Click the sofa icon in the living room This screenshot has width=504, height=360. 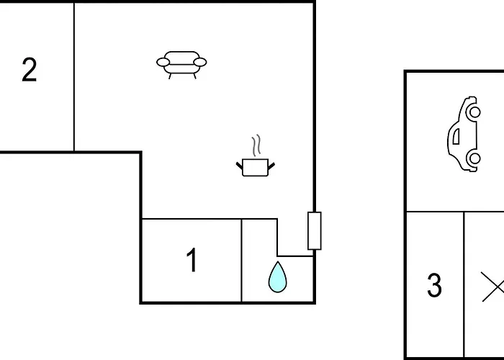point(181,65)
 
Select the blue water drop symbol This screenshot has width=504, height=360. point(277,277)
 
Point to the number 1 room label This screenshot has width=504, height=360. point(192,260)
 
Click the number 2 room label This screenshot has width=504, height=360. point(30,69)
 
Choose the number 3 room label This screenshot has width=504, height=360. point(434,285)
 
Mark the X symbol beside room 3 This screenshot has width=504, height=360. point(492,287)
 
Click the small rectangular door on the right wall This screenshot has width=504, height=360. point(315,231)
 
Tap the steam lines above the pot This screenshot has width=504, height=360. point(256,145)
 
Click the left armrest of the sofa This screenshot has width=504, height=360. point(163,63)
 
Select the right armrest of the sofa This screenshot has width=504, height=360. point(200,62)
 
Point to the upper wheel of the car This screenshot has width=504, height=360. point(474,112)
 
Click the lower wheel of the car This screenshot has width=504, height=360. point(474,158)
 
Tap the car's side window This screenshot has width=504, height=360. point(456,136)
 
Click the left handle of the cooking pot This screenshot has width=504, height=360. point(240,166)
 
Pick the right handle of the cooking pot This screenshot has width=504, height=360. point(271,166)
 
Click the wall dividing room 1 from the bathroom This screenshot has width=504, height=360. point(241,261)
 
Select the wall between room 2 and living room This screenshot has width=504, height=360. point(74,77)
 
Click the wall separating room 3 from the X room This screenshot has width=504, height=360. point(464,284)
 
